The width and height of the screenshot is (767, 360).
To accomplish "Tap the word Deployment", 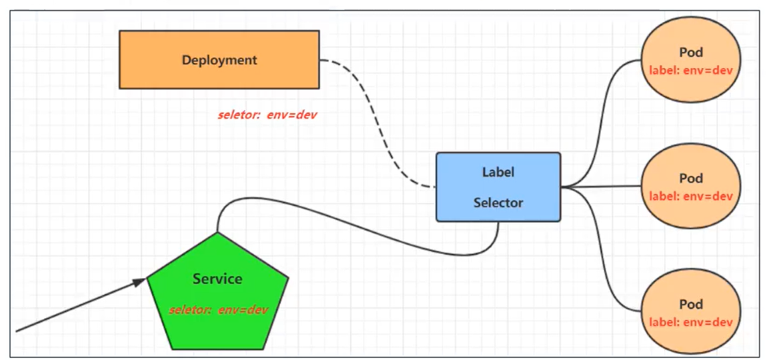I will pos(219,60).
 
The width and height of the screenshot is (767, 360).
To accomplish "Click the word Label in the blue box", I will pos(498,172).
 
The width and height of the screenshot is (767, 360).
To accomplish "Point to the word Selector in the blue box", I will pos(498,203).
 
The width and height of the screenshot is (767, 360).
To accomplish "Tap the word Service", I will pos(217,279).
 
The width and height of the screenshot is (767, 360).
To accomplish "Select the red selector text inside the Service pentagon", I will pos(218,310).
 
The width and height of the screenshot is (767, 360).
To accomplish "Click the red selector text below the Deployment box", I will pos(267,115).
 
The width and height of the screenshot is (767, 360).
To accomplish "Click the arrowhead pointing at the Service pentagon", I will pos(139,283).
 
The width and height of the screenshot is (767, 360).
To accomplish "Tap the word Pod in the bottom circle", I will pos(691,305).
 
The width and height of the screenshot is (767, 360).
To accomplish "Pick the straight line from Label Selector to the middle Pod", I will pos(600,187).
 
